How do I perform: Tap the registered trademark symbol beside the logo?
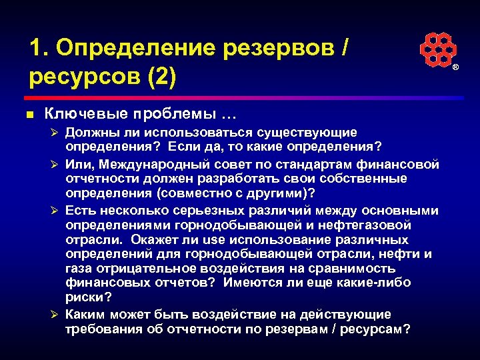[456, 69]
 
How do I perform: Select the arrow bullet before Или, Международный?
[56, 163]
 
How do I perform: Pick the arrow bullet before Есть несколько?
[56, 211]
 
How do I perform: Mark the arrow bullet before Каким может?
[56, 315]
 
